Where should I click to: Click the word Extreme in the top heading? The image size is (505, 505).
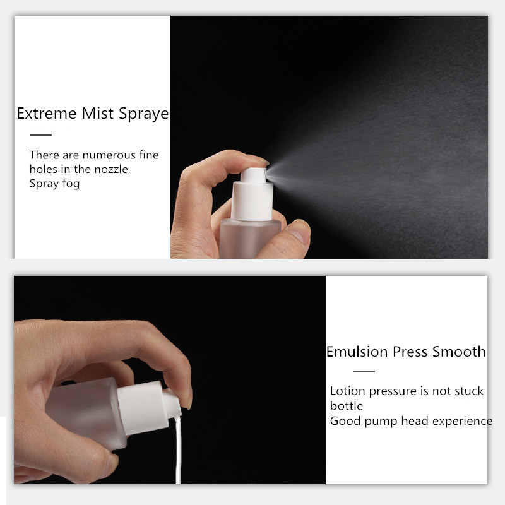click(x=48, y=114)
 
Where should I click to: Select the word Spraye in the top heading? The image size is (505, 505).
click(x=144, y=114)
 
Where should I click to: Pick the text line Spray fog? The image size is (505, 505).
click(x=54, y=184)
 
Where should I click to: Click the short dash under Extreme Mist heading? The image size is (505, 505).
click(x=41, y=134)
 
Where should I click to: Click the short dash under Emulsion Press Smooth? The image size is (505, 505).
click(x=364, y=372)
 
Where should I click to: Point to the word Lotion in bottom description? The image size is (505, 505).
click(x=348, y=391)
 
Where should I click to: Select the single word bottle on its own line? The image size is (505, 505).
click(x=347, y=406)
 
